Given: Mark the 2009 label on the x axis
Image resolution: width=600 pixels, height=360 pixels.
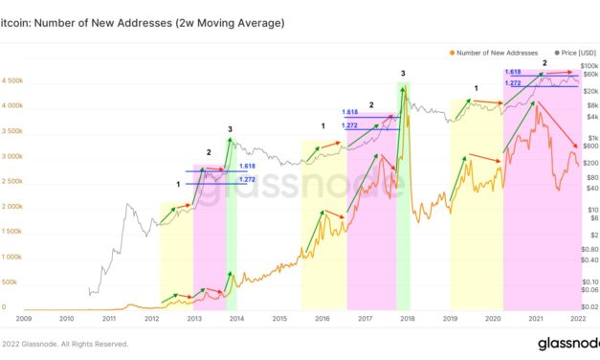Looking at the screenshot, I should (x=24, y=317).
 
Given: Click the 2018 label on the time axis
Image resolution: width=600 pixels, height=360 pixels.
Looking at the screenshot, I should (x=407, y=317).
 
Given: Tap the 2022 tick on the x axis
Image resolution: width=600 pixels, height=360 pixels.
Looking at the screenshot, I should (x=576, y=317).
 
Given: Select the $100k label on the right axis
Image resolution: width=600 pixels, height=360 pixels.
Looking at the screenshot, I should (x=589, y=64).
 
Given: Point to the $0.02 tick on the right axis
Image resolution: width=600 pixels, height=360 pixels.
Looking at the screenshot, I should (x=589, y=306).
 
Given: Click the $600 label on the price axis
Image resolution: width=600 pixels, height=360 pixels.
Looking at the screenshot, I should (x=589, y=146).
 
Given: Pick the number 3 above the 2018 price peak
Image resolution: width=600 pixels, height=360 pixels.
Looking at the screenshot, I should (x=403, y=74).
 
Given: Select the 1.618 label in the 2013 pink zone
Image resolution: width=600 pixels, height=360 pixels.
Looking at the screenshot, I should (x=246, y=166).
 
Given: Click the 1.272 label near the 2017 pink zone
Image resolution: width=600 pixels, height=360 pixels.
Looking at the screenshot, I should (x=349, y=125).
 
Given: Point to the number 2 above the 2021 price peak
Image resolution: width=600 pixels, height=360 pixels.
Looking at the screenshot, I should (x=544, y=63).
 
